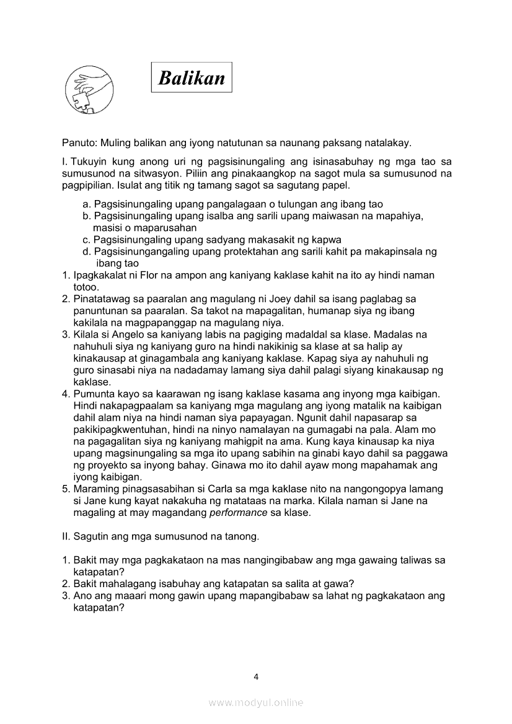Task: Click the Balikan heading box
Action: point(192,77)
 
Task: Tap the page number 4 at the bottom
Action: point(256,676)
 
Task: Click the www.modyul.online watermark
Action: point(256,702)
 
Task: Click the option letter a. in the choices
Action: point(87,204)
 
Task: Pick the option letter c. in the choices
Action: point(87,240)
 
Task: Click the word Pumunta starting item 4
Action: point(94,394)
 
